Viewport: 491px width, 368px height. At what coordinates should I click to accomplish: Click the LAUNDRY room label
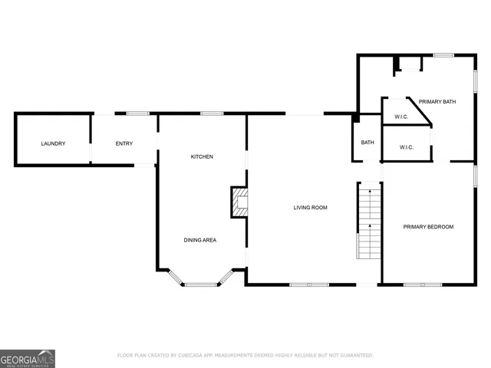coord(53,143)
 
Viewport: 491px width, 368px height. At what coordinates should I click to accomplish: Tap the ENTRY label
coord(124,143)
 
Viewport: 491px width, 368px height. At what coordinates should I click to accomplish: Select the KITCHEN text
coord(202,156)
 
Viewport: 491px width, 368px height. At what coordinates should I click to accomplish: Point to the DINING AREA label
coord(199,240)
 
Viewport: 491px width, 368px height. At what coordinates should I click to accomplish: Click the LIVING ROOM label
coord(311,207)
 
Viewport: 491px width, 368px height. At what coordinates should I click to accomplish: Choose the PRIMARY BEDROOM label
coord(429,226)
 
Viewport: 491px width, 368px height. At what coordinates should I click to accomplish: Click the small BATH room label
coord(367,142)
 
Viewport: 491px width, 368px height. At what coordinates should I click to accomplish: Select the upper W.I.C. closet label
coord(400,117)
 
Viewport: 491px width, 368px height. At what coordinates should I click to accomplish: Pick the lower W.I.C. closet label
coord(406,147)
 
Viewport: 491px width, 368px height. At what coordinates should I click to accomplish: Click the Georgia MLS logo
coord(28,358)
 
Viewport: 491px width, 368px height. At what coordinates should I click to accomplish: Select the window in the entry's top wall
coord(137,113)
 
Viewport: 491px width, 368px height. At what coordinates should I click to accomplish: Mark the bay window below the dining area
coord(200,284)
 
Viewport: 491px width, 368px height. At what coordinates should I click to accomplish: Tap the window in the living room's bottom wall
coord(308,284)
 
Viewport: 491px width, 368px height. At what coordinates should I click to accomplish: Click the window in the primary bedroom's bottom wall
coord(423,284)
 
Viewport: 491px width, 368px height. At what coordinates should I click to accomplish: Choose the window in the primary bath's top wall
coord(443,54)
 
